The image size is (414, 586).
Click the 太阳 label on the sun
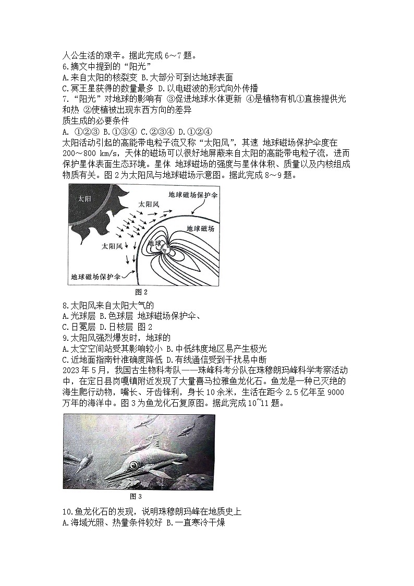(x=84, y=199)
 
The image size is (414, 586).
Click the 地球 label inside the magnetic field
(x=155, y=243)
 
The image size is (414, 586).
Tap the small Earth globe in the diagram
(x=166, y=249)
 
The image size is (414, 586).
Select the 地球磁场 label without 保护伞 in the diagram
(x=200, y=229)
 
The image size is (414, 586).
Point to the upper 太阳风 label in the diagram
(x=149, y=205)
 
